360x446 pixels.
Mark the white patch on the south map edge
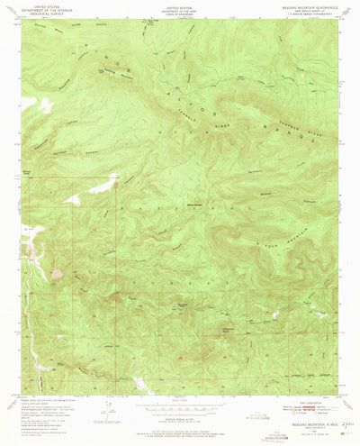click(141, 386)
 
